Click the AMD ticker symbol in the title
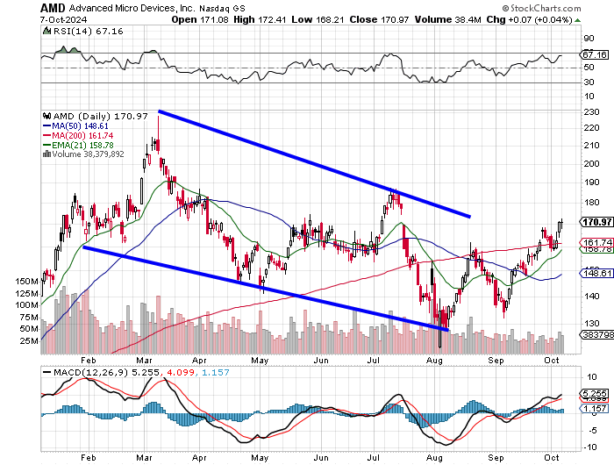coord(53,8)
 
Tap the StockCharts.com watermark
coord(541,8)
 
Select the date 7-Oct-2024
coord(63,19)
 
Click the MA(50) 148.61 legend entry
coord(75,126)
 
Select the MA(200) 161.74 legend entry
coord(78,135)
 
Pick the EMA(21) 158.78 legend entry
coord(78,145)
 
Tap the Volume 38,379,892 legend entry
coord(83,154)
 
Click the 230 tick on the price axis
coord(591,112)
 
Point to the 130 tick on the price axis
coord(591,324)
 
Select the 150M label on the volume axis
coord(26,282)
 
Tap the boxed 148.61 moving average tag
coord(596,273)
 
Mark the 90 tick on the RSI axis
coord(589,39)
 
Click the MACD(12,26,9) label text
coord(90,372)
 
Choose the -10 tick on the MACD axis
coord(589,447)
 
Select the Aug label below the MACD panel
coord(434,458)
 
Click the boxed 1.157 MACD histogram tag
coord(594,409)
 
